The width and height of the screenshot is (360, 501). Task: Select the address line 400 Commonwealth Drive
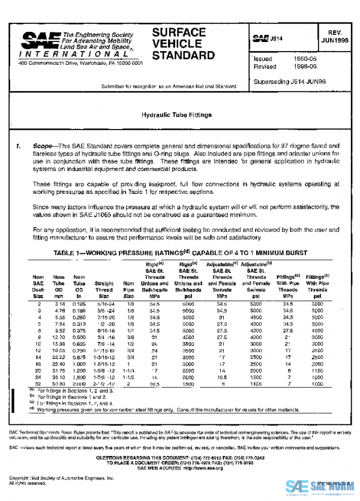[x=80, y=62]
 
